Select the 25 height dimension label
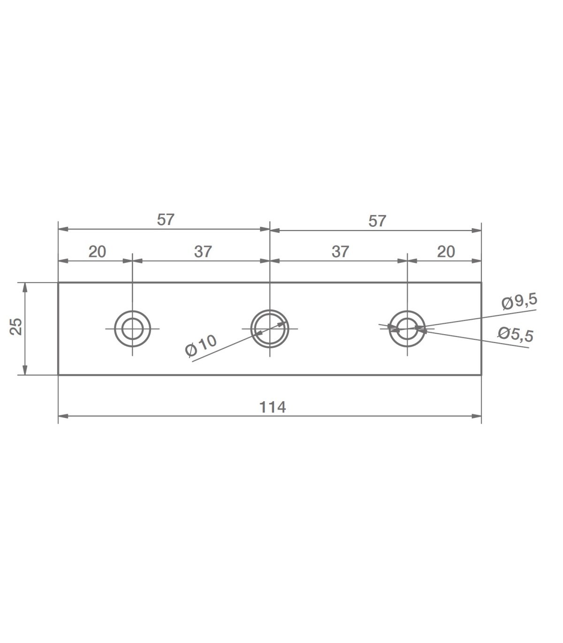point(16,327)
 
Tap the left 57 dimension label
point(166,220)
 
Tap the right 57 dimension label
point(377,221)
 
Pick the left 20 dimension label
point(97,252)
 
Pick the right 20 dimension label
point(446,252)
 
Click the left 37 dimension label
point(203,252)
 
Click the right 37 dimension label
point(340,252)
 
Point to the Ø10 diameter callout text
point(201,346)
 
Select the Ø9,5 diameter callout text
point(519,302)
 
